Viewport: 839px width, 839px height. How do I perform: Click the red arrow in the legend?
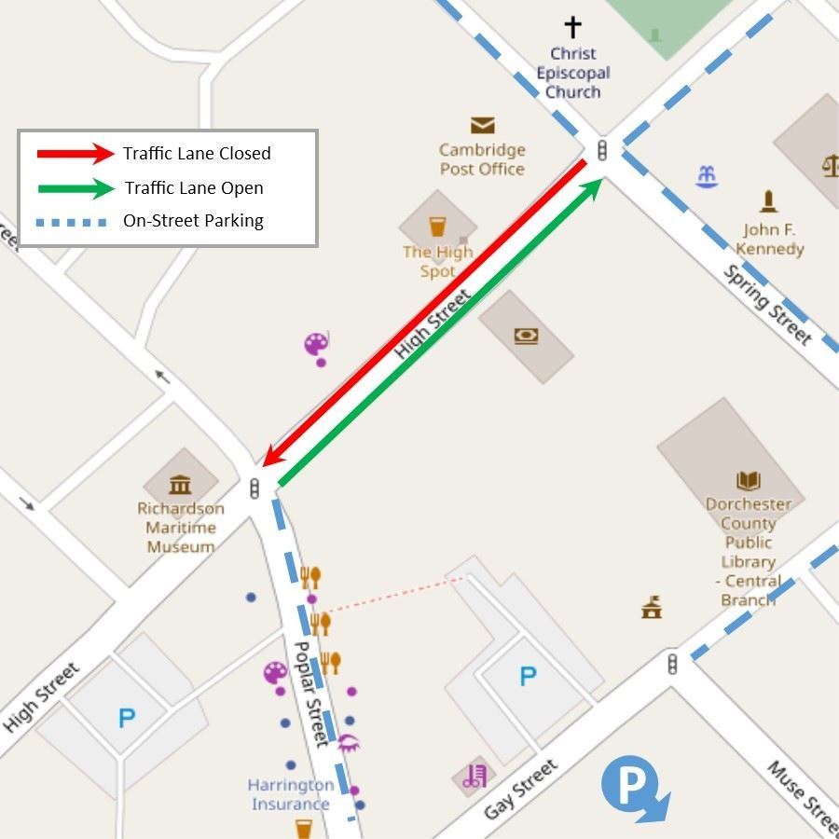(74, 153)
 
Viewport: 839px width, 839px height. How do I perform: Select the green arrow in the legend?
(74, 188)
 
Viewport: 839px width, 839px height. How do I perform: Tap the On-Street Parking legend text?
(193, 221)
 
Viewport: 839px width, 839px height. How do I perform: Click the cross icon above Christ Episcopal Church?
(572, 27)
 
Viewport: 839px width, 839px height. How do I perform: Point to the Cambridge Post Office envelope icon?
(482, 125)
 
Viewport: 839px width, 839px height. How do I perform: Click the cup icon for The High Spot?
(437, 227)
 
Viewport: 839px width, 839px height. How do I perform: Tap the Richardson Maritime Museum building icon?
(180, 484)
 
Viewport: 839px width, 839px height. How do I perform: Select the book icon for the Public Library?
(749, 480)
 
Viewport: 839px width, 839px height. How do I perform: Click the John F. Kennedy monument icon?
(768, 200)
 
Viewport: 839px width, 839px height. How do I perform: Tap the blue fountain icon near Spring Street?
(708, 175)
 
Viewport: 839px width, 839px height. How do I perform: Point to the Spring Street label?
(767, 304)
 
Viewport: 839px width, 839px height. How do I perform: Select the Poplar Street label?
(311, 693)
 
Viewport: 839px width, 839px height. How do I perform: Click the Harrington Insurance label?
(289, 794)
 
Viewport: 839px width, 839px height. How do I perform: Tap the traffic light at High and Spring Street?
(602, 149)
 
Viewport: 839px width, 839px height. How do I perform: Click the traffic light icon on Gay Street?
(672, 664)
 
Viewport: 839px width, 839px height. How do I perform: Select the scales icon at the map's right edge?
(830, 165)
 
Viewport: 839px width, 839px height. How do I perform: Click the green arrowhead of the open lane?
(591, 189)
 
